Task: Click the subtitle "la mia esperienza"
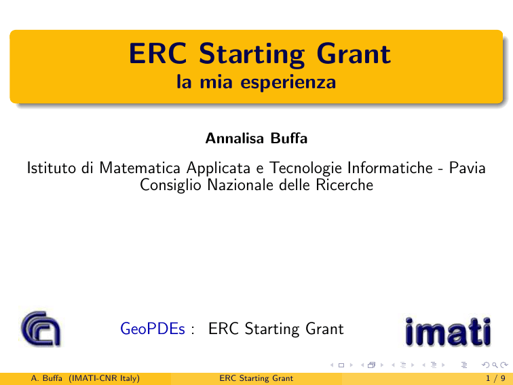click(256, 82)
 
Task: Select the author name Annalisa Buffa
click(256, 138)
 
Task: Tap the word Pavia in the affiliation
click(467, 168)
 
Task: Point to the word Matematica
click(140, 168)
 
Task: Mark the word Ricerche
click(344, 185)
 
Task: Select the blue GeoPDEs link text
click(153, 329)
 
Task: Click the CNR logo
click(41, 329)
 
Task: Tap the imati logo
click(448, 331)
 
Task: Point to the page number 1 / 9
click(495, 378)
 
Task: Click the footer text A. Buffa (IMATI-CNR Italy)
click(85, 378)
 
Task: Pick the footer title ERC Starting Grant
click(256, 378)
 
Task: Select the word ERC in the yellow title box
click(157, 54)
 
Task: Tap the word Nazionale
click(240, 185)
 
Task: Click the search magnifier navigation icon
click(495, 365)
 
